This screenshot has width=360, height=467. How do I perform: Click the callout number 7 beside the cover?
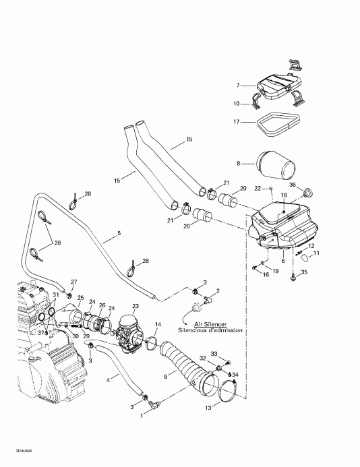(238, 86)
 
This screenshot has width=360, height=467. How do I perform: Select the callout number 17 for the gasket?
(237, 122)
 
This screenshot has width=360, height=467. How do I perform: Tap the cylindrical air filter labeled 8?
(271, 164)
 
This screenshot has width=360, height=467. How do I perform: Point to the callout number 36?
(292, 185)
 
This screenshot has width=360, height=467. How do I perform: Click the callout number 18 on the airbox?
(283, 195)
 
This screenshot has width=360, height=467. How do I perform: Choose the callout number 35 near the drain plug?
(303, 273)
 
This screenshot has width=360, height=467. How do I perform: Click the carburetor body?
(132, 330)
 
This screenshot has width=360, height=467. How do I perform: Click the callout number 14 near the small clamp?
(158, 325)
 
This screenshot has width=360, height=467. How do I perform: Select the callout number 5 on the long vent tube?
(119, 234)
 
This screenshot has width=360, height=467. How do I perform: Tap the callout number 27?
(74, 282)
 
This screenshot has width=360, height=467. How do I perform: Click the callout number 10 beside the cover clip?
(237, 103)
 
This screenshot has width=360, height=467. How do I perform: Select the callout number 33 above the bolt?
(214, 354)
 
